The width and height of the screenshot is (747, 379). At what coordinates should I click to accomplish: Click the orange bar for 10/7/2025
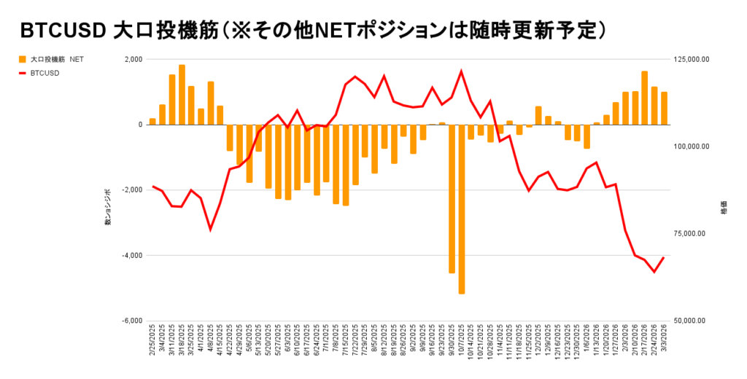(461, 209)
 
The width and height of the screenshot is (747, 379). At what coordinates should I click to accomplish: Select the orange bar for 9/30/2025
(452, 198)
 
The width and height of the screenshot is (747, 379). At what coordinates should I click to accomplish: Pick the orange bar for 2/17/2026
(645, 98)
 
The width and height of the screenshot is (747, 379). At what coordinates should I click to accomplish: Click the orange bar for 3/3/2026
(664, 108)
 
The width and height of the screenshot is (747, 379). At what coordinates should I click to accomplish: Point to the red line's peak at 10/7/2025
(461, 71)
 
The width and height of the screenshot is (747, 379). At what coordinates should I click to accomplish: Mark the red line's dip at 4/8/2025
(210, 230)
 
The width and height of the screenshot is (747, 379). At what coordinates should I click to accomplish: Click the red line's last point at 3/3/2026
(664, 257)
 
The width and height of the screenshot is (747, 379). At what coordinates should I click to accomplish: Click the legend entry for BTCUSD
(44, 73)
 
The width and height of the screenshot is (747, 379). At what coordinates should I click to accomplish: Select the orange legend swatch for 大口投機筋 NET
(22, 59)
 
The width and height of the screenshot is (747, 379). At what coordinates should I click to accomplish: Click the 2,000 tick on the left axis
(133, 59)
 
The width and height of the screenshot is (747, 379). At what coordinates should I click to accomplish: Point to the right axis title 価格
(724, 207)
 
